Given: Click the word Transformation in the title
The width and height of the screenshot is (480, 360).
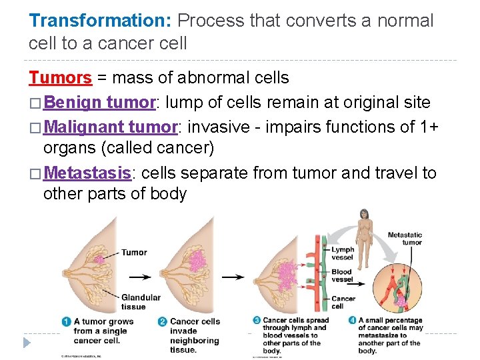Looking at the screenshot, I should click(x=100, y=20).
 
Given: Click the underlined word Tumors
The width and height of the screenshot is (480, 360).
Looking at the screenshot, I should click(x=60, y=78).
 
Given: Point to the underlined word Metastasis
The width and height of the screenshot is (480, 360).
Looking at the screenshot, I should click(x=91, y=173).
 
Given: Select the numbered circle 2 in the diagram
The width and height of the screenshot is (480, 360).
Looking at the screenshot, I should click(x=163, y=321).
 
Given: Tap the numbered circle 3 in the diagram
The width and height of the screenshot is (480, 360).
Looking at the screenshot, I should click(x=257, y=321).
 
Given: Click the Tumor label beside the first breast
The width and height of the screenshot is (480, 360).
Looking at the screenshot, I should click(x=134, y=253).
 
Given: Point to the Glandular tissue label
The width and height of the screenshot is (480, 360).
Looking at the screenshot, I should click(x=141, y=302).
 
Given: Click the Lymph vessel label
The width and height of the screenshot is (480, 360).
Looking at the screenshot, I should click(x=343, y=253).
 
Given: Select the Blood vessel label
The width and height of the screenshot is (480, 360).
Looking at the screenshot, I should click(x=341, y=275).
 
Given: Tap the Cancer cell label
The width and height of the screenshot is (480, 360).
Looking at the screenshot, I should click(x=343, y=302).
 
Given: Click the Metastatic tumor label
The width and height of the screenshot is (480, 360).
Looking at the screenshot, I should click(x=405, y=238).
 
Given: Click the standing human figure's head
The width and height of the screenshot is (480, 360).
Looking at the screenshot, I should click(x=364, y=215).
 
